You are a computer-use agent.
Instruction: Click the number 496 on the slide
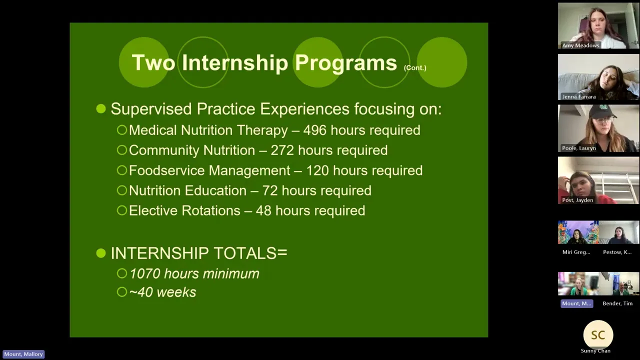314,130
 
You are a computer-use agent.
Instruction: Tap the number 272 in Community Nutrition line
282,150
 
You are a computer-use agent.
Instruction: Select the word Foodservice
166,170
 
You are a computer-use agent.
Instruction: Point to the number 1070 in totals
145,273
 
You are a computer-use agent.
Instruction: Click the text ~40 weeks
162,292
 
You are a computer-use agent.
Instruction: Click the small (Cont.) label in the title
415,67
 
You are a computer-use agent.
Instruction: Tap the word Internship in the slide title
235,63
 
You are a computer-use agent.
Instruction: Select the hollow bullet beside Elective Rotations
122,210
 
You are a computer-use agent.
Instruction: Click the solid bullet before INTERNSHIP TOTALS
101,253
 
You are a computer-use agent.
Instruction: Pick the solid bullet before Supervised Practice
101,109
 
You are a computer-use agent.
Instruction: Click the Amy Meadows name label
580,45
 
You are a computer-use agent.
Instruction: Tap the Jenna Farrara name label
579,97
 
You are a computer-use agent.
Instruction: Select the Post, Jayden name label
577,200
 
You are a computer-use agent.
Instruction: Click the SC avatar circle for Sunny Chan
598,335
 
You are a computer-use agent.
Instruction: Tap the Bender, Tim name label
617,303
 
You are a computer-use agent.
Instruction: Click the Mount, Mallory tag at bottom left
23,354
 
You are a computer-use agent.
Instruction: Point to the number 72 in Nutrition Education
270,190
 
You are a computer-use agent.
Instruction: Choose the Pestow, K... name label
617,252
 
